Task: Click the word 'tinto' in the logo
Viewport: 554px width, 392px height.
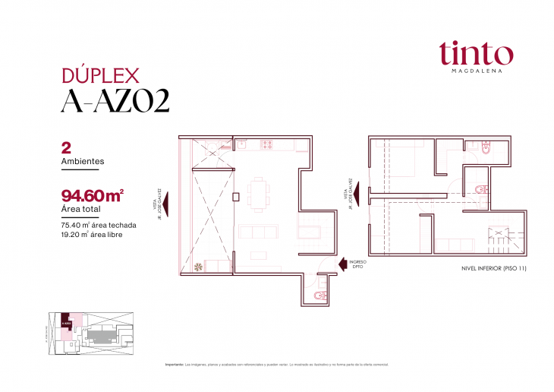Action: click(x=475, y=52)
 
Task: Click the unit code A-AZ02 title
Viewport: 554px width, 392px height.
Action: click(x=115, y=101)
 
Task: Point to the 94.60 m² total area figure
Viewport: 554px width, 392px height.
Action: click(x=92, y=195)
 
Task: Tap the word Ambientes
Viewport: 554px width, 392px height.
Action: click(x=82, y=161)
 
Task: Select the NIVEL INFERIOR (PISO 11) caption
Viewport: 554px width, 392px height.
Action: click(x=493, y=268)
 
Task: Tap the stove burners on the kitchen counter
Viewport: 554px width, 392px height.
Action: click(x=267, y=143)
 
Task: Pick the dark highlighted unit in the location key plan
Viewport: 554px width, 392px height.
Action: click(x=66, y=321)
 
